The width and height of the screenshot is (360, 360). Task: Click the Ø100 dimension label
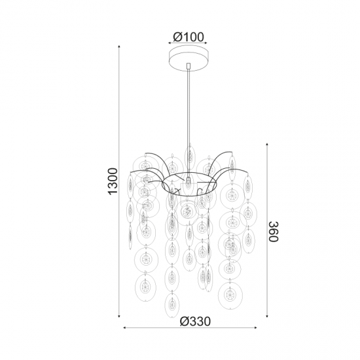tap(189, 37)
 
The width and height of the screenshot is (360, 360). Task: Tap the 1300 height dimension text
tap(113, 181)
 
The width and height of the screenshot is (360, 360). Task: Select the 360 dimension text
tap(274, 232)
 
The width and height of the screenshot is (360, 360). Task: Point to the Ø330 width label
tap(195, 321)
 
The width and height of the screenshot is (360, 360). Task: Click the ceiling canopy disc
tap(189, 58)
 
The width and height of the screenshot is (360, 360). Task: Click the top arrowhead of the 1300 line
tap(119, 46)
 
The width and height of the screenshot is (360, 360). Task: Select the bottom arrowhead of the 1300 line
tap(119, 316)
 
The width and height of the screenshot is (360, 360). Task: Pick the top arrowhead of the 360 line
tap(267, 145)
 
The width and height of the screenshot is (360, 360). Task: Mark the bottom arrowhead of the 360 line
tap(267, 316)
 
